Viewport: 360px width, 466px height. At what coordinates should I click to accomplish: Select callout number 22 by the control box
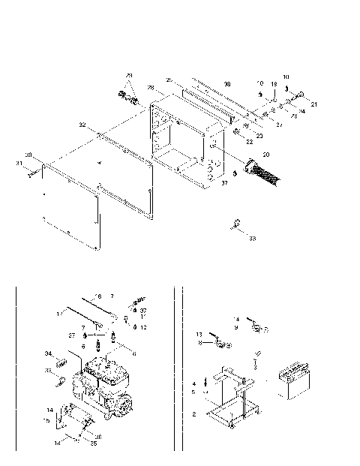coord(249,142)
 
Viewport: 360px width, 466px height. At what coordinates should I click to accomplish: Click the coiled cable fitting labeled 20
coord(262,171)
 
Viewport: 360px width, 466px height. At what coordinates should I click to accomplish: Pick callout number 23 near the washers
coord(259,135)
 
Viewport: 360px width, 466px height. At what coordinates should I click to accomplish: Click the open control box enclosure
coord(187,139)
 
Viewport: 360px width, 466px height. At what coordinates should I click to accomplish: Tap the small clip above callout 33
coord(235,223)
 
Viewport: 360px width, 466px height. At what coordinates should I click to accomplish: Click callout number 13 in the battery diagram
coord(199,335)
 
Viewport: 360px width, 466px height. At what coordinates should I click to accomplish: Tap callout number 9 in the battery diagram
coord(236,327)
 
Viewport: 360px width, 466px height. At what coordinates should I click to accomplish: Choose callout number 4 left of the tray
coord(193,383)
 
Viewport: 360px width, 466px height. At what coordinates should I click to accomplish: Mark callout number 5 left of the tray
coord(193,391)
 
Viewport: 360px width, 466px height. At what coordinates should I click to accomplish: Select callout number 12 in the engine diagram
coord(142,326)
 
